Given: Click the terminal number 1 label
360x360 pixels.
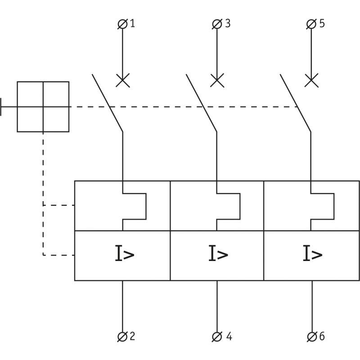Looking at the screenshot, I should pyautogui.click(x=132, y=23).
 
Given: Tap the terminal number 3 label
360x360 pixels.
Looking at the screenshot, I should pyautogui.click(x=227, y=23).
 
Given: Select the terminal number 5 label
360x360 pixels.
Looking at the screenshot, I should pyautogui.click(x=322, y=23).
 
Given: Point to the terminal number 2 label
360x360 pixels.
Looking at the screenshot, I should pyautogui.click(x=132, y=336).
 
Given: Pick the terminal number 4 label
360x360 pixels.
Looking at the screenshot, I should pyautogui.click(x=229, y=336).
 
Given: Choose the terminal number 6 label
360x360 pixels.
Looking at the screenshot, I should pyautogui.click(x=322, y=336).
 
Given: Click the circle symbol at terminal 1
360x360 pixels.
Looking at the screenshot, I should pyautogui.click(x=122, y=24).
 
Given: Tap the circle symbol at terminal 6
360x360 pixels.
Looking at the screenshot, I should pyautogui.click(x=311, y=336).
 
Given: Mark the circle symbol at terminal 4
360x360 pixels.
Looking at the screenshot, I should pyautogui.click(x=217, y=336).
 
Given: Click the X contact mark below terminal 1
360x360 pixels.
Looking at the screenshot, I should pyautogui.click(x=122, y=81).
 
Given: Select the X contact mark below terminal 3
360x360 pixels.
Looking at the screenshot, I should pyautogui.click(x=217, y=81).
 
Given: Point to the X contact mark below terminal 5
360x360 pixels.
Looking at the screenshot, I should pyautogui.click(x=311, y=81).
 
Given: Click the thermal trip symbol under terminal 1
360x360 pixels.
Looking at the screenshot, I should pyautogui.click(x=135, y=206).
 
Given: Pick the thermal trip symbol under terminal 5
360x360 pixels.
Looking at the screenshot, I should pyautogui.click(x=323, y=206).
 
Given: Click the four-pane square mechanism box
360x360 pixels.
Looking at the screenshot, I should pyautogui.click(x=43, y=107).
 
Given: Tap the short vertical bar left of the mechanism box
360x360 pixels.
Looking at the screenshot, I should pyautogui.click(x=1, y=107).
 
